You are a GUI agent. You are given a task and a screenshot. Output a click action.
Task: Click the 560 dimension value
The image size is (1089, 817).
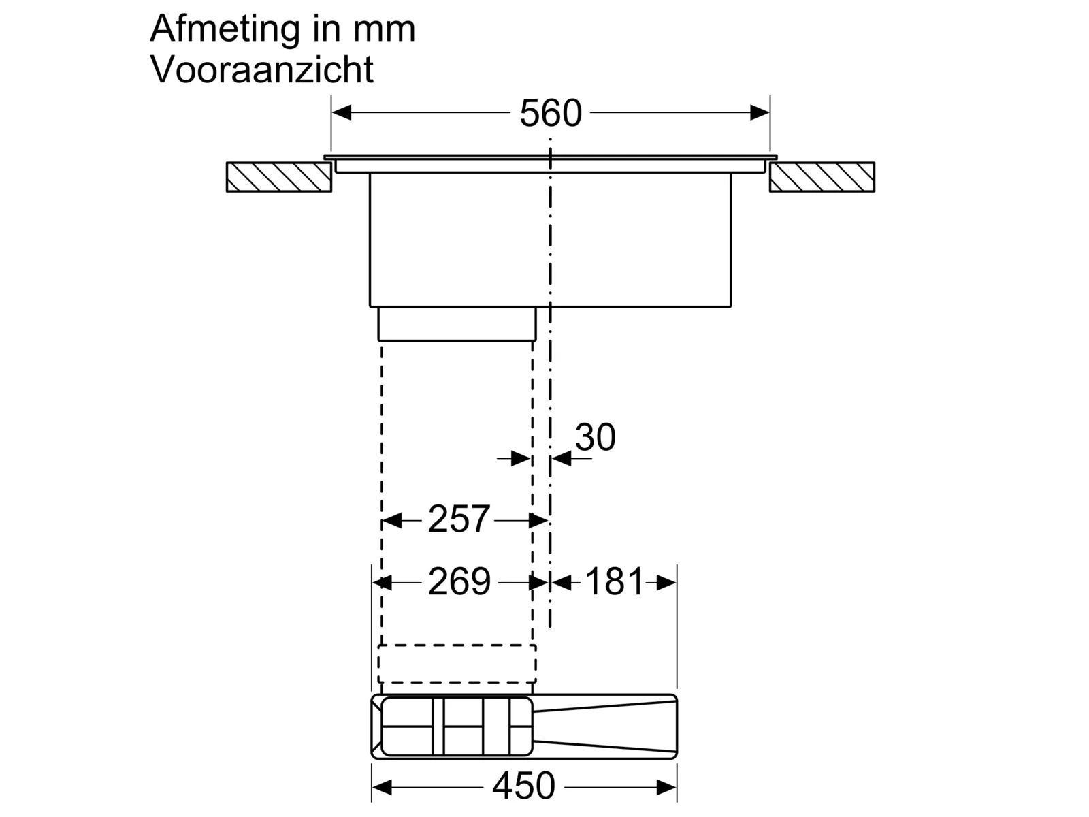pyautogui.click(x=550, y=114)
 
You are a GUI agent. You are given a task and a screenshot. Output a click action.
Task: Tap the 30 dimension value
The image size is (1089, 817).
pyautogui.click(x=595, y=437)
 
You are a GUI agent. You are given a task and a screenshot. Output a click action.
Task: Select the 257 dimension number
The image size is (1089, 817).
pyautogui.click(x=459, y=519)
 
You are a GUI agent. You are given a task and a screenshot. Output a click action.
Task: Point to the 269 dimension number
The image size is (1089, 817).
pyautogui.click(x=459, y=581)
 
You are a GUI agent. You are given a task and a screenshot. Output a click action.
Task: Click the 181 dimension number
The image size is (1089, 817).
pyautogui.click(x=614, y=581)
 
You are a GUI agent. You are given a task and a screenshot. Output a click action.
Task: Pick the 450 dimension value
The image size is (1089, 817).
pyautogui.click(x=523, y=786)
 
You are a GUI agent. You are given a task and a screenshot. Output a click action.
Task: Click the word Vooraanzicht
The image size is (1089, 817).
pyautogui.click(x=262, y=70)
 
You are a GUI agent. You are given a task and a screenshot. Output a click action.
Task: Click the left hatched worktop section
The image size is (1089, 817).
pyautogui.click(x=279, y=177)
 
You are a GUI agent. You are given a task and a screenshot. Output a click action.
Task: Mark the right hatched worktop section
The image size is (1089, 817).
pyautogui.click(x=822, y=177)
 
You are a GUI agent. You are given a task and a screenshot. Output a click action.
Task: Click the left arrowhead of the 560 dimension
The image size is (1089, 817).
pyautogui.click(x=342, y=112)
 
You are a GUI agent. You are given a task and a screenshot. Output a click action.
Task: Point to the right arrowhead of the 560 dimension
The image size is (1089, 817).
pyautogui.click(x=760, y=112)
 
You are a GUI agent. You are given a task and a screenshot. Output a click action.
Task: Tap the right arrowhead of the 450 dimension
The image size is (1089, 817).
pyautogui.click(x=667, y=787)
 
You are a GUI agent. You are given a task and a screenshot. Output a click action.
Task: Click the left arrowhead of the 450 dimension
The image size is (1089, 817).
pyautogui.click(x=382, y=787)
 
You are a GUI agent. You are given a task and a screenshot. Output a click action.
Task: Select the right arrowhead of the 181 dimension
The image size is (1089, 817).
pyautogui.click(x=666, y=583)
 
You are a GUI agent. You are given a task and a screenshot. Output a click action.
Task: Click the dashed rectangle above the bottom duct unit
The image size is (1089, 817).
pyautogui.click(x=457, y=664)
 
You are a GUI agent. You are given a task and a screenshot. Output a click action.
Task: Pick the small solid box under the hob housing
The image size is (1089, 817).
pyautogui.click(x=457, y=324)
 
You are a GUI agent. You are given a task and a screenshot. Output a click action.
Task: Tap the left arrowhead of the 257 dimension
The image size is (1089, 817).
pyautogui.click(x=392, y=521)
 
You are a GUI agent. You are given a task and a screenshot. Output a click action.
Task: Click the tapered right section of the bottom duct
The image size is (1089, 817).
pyautogui.click(x=605, y=726)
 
